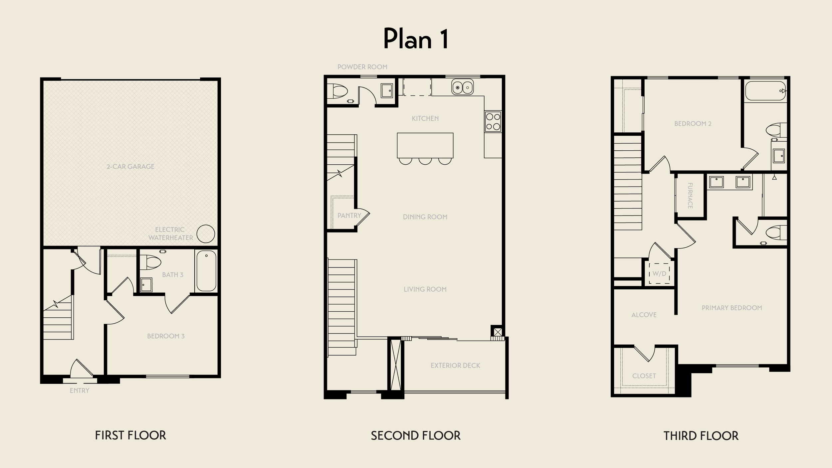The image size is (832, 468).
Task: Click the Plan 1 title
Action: pyautogui.click(x=416, y=39)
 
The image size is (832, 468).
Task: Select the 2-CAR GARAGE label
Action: pyautogui.click(x=130, y=166)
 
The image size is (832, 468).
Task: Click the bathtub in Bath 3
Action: pyautogui.click(x=206, y=271)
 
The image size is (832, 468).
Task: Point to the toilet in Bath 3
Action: pyautogui.click(x=150, y=262)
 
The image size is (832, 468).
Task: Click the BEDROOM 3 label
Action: pyautogui.click(x=166, y=336)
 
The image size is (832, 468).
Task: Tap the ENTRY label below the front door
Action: pyautogui.click(x=80, y=390)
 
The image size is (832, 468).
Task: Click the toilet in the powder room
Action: pyautogui.click(x=337, y=91)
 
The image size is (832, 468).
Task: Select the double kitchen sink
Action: pyautogui.click(x=463, y=87)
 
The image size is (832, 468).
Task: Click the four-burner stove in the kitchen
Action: pyautogui.click(x=493, y=121)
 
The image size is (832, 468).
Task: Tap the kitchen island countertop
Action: pyautogui.click(x=425, y=145)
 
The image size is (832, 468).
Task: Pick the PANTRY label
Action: pyautogui.click(x=349, y=216)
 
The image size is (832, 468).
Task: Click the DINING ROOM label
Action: pyautogui.click(x=425, y=217)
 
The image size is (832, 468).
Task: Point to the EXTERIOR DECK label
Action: pyautogui.click(x=455, y=366)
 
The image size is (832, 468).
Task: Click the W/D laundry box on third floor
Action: pyautogui.click(x=659, y=273)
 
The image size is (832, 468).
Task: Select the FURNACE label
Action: pyautogui.click(x=690, y=196)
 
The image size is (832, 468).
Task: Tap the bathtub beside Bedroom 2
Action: pyautogui.click(x=765, y=91)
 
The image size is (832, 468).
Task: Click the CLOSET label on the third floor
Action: pyautogui.click(x=644, y=376)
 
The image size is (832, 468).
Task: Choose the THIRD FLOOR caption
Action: pyautogui.click(x=701, y=436)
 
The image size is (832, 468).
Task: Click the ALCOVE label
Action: pyautogui.click(x=644, y=315)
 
